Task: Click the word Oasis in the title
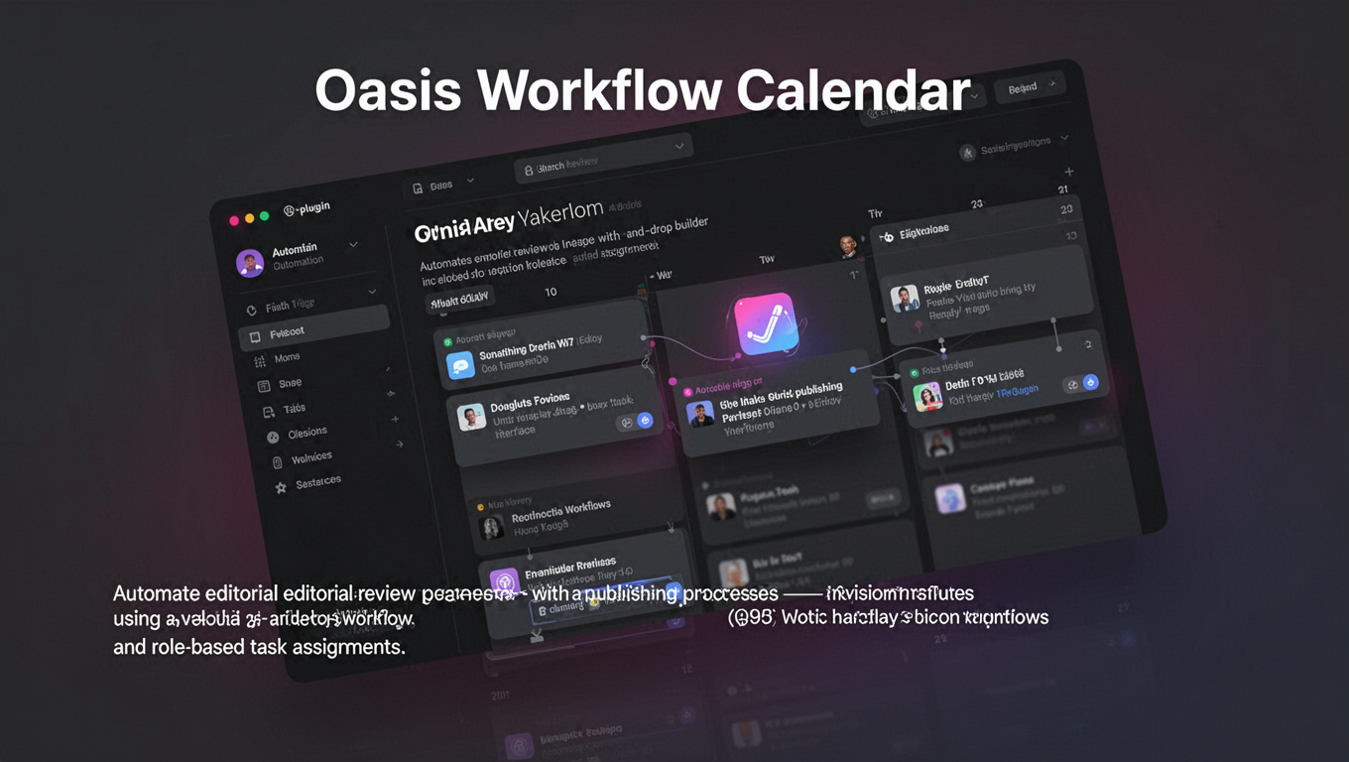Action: tap(388, 91)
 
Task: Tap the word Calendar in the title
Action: tap(854, 91)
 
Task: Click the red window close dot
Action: tap(234, 220)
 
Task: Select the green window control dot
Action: tap(265, 215)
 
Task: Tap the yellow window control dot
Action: tap(250, 217)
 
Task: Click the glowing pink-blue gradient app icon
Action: tap(765, 324)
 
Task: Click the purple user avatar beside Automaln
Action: tap(249, 262)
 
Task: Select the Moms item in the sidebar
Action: tap(287, 357)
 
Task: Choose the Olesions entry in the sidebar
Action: tap(307, 433)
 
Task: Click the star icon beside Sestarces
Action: tap(281, 487)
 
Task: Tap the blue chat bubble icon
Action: tap(460, 365)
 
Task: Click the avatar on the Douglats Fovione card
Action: tap(471, 417)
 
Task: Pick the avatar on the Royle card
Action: tap(904, 298)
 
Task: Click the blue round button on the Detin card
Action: tap(1090, 382)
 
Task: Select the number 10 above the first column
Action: tap(551, 292)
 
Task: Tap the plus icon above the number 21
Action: tap(1068, 172)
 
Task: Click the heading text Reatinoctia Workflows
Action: tap(560, 512)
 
